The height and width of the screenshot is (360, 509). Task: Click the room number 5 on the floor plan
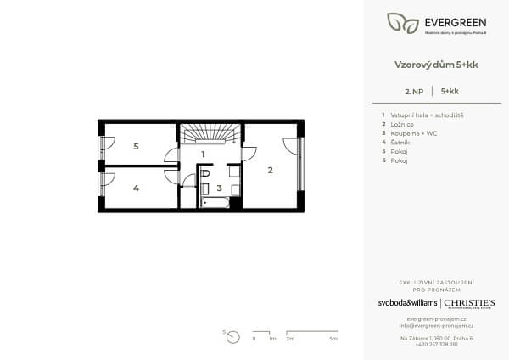tap(136, 146)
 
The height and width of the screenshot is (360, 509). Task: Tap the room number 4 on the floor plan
tap(136, 188)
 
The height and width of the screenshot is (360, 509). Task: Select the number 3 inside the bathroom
tap(219, 188)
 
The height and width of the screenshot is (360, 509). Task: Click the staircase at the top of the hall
tap(210, 135)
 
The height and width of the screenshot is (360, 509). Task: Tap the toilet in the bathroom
tap(204, 172)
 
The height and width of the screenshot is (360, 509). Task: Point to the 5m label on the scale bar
tap(333, 339)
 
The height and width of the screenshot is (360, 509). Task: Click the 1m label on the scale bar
tap(271, 339)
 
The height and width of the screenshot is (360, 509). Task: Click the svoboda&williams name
tap(408, 303)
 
